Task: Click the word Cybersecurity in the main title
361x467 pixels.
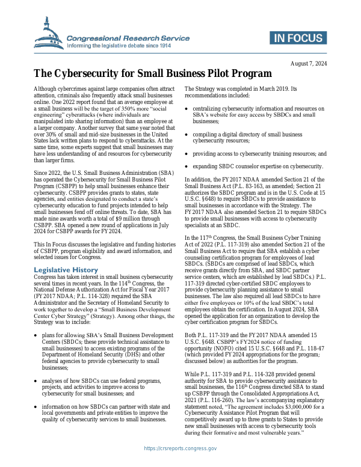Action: [x=96, y=75]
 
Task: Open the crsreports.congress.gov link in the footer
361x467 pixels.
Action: [x=180, y=465]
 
